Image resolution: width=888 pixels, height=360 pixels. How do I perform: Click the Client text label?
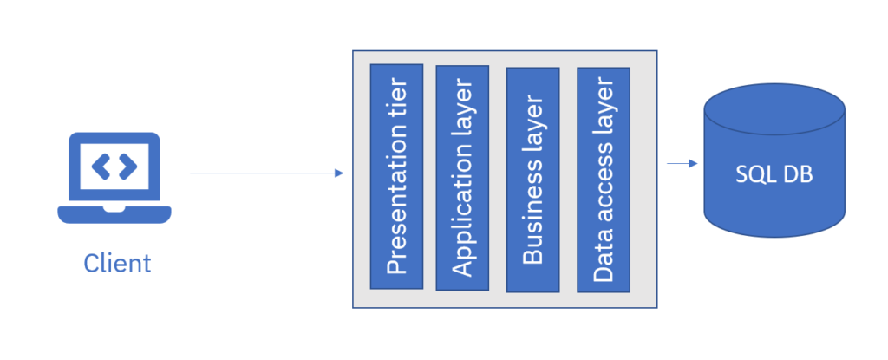pos(117,263)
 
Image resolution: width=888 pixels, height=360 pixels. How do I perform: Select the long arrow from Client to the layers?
pos(260,173)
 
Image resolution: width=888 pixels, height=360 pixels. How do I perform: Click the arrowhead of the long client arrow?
pos(339,173)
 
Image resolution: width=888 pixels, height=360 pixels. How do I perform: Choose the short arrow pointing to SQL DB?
pos(682,163)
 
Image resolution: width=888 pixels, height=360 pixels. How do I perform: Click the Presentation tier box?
pos(396,176)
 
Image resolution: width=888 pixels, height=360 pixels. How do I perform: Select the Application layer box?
pos(463,177)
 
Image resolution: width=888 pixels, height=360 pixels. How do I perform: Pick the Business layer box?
pos(533,177)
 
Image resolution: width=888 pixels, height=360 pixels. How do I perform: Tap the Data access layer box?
pos(604,177)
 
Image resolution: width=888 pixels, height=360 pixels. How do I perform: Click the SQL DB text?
pos(774,173)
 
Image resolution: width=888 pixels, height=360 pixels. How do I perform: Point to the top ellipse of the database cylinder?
pos(774,108)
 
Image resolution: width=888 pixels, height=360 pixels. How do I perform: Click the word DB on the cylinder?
pos(795,173)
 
